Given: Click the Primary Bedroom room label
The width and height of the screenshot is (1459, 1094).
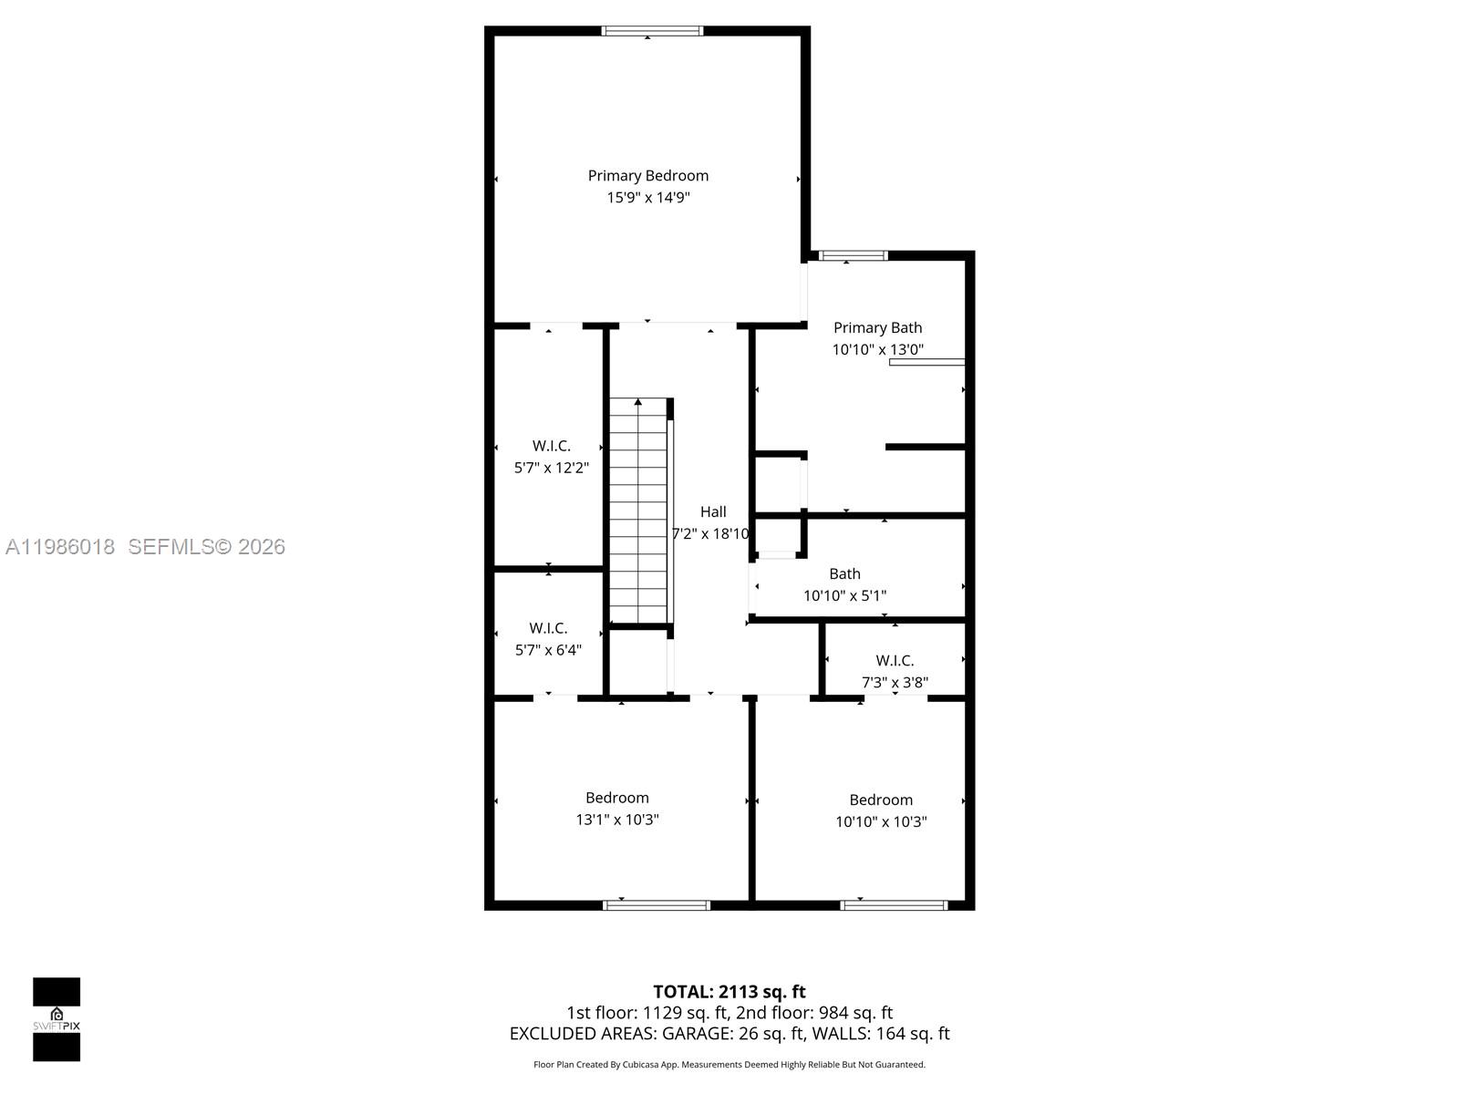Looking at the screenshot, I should click(x=647, y=176).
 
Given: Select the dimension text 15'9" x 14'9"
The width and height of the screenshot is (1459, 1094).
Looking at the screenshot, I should click(x=647, y=198).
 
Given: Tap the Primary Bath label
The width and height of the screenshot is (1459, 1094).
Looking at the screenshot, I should click(x=877, y=328).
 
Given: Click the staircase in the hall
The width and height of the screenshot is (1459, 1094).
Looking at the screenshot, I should click(x=638, y=511).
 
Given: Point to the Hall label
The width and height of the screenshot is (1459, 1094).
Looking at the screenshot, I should click(x=713, y=512).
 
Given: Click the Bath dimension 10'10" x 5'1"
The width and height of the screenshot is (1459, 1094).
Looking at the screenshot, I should click(x=844, y=596).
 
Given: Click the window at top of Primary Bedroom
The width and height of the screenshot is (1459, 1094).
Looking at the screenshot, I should click(x=652, y=31).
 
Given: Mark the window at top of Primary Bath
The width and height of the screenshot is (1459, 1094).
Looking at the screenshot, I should click(x=853, y=256).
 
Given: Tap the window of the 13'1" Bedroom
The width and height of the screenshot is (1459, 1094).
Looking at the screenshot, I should click(x=657, y=905).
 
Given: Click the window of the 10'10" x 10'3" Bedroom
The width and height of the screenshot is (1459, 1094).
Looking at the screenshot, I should click(x=894, y=905).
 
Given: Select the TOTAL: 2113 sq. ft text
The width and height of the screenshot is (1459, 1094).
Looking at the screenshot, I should click(x=729, y=992).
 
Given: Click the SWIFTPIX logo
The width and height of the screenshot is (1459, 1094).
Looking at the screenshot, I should click(x=57, y=1019).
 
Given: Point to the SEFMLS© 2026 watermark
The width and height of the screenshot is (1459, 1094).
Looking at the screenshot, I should click(x=207, y=547).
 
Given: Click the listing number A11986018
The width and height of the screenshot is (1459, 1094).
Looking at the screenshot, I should click(x=60, y=547).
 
